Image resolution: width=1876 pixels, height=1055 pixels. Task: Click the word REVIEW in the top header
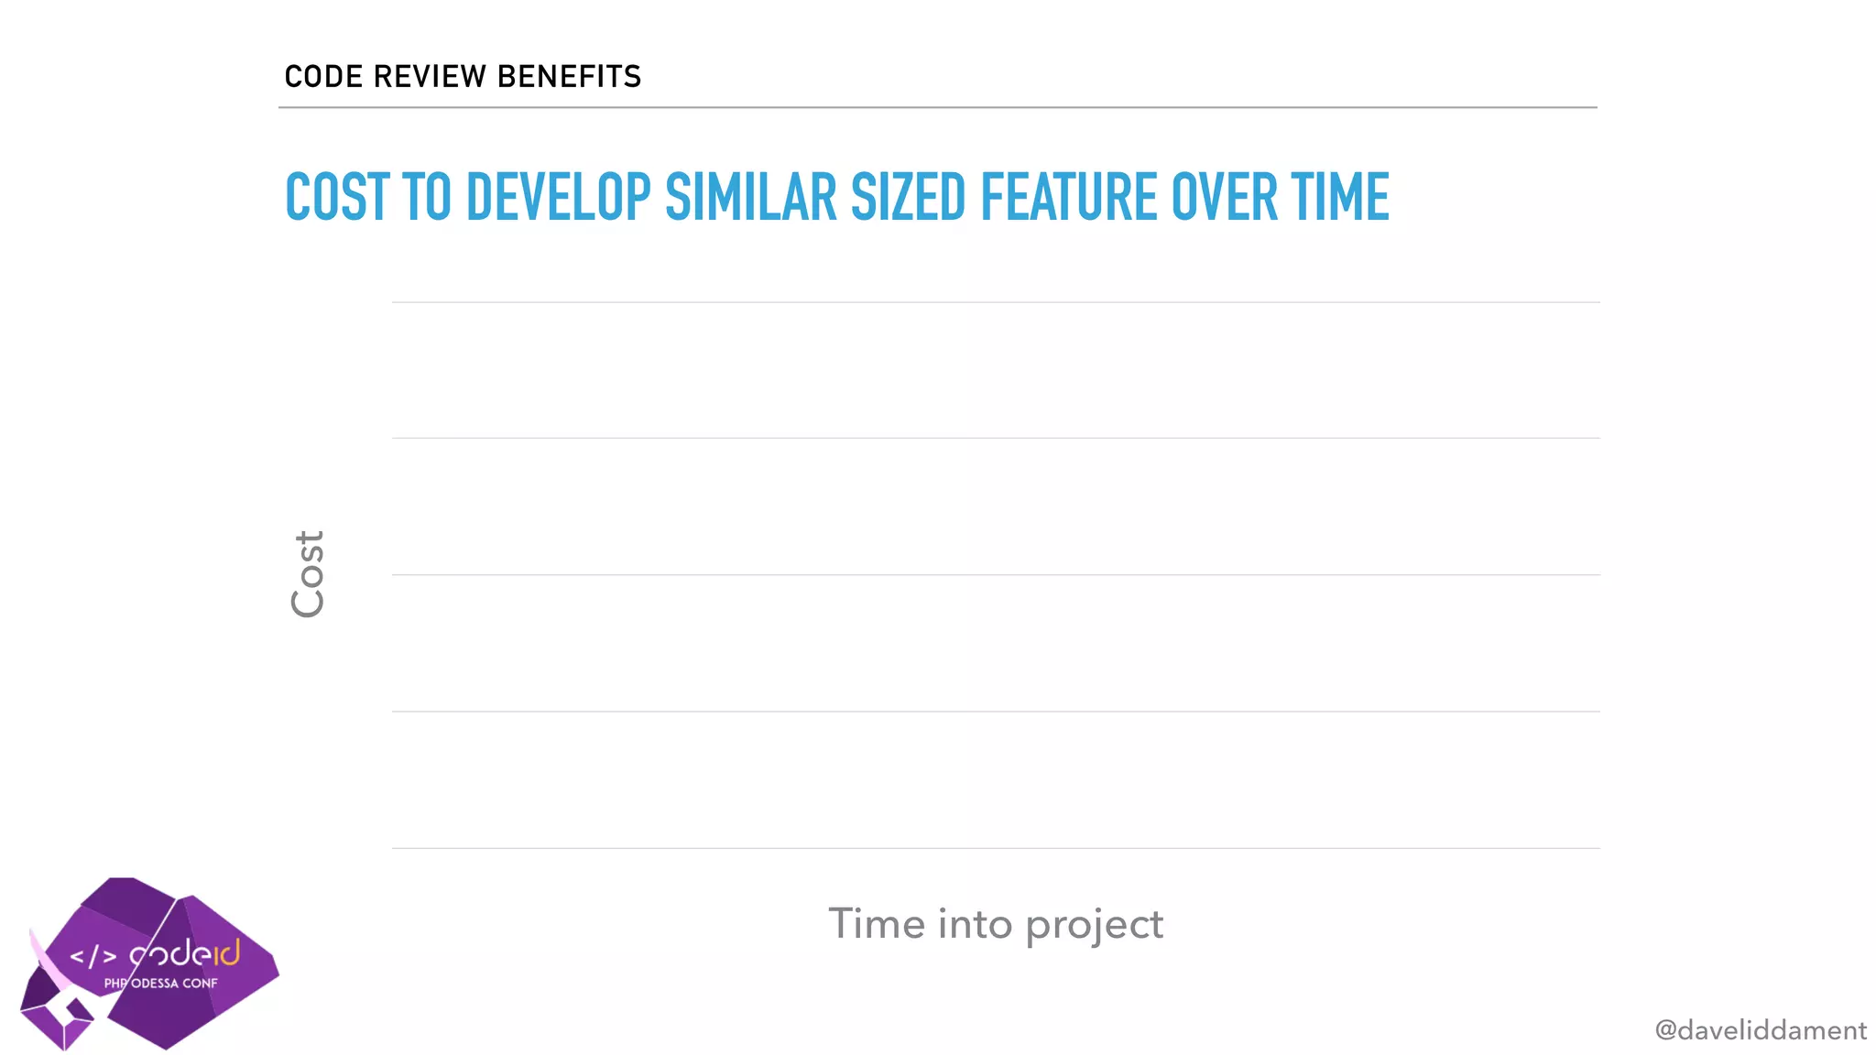tap(430, 76)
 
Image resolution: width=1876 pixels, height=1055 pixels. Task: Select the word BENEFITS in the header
tap(569, 76)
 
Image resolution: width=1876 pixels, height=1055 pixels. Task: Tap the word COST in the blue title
tap(338, 198)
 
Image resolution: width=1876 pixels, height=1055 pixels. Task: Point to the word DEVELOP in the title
tap(558, 198)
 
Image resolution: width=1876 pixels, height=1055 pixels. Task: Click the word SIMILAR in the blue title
tap(750, 198)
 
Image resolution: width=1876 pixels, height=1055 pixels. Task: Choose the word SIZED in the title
tap(908, 198)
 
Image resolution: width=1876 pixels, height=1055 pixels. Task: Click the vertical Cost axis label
tap(308, 574)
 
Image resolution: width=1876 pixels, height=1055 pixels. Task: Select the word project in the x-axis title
tap(1094, 925)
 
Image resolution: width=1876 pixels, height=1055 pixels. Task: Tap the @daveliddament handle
tap(1760, 1030)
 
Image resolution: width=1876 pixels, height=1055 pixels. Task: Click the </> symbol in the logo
tap(93, 957)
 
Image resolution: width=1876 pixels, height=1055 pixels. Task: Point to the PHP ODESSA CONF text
tap(161, 984)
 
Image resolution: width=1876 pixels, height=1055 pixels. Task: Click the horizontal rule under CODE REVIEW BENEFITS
tap(937, 107)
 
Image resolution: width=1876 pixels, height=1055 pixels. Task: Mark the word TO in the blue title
tap(427, 198)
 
